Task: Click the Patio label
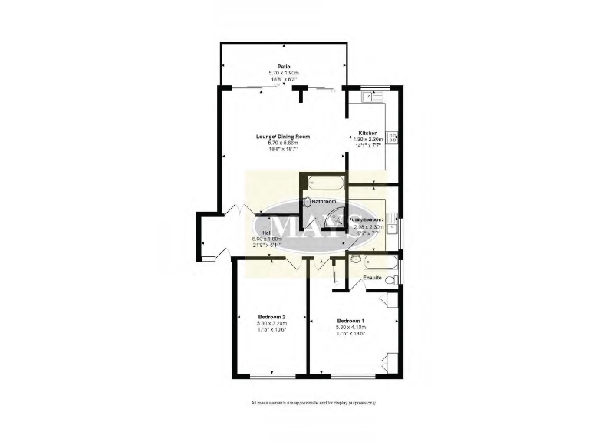click(x=284, y=66)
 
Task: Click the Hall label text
click(x=267, y=233)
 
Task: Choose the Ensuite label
click(x=383, y=276)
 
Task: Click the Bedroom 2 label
click(x=271, y=317)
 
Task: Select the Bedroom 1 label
click(x=349, y=320)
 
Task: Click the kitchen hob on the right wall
click(x=392, y=138)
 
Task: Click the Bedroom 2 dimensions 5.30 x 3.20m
click(x=271, y=324)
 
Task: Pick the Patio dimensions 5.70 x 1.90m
click(x=284, y=73)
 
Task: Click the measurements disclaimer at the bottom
click(x=313, y=403)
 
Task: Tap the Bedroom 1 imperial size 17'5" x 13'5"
click(x=349, y=333)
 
